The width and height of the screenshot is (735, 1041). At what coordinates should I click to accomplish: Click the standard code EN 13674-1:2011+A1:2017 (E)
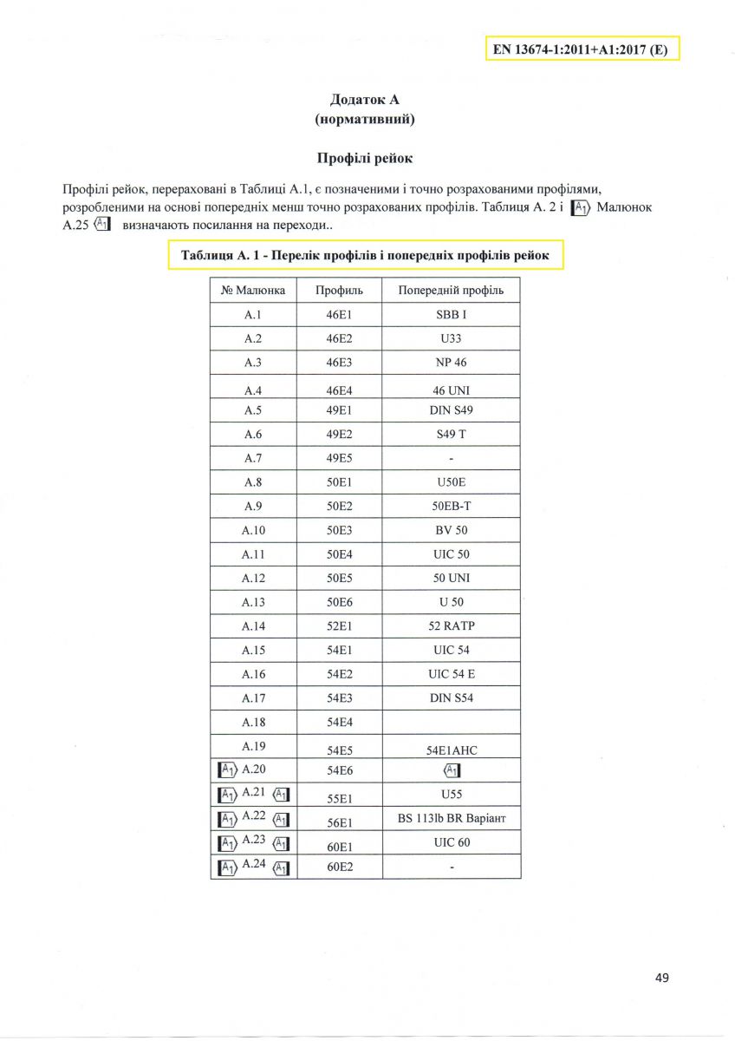coord(580,49)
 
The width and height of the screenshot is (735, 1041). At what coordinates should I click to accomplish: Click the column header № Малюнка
coord(253,290)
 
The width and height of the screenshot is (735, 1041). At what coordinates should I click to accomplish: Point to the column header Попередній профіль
coord(451,290)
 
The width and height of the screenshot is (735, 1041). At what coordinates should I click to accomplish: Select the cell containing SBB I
coord(451,314)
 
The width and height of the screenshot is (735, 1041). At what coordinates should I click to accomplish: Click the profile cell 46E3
coord(339,362)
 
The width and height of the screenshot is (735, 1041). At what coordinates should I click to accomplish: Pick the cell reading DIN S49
coord(451,409)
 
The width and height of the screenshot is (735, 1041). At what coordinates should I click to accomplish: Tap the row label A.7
coord(253,457)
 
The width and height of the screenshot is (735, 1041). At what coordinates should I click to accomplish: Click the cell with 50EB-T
coord(451,506)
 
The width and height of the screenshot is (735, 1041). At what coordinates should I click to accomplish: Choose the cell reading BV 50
coord(451,529)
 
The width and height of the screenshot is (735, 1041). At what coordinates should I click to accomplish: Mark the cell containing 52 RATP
coord(451,625)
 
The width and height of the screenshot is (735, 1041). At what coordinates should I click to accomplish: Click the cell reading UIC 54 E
coord(451,674)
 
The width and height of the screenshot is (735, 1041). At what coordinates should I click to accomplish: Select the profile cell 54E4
coord(339,722)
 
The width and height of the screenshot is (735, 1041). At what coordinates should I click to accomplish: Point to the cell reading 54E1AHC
coord(451,748)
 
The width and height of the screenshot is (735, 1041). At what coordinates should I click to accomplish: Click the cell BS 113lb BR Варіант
coord(451,818)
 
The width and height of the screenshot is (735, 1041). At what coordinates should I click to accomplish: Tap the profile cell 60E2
coord(339,867)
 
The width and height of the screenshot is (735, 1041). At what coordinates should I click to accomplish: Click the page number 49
coord(662,978)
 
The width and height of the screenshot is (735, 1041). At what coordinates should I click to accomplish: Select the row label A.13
coord(253,602)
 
